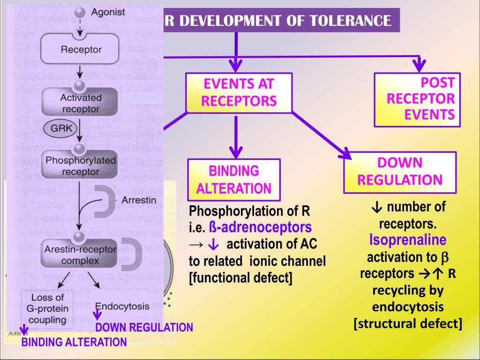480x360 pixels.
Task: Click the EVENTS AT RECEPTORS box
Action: (239, 93)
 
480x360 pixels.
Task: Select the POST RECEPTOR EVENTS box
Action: (417, 99)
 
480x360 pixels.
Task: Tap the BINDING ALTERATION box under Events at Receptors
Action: (234, 180)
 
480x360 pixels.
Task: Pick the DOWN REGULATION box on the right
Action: (400, 172)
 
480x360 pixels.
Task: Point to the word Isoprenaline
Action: (407, 240)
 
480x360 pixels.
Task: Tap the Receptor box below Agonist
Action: (81, 49)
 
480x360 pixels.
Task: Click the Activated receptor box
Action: (80, 103)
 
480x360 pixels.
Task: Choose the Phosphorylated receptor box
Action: (80, 166)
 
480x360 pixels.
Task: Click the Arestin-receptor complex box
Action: (80, 255)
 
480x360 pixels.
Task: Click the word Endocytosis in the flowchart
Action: (122, 307)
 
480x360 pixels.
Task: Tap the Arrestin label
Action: (139, 201)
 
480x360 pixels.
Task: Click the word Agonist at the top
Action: (107, 12)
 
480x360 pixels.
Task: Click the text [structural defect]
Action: (407, 323)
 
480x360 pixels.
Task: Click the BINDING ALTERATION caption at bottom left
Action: (74, 342)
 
